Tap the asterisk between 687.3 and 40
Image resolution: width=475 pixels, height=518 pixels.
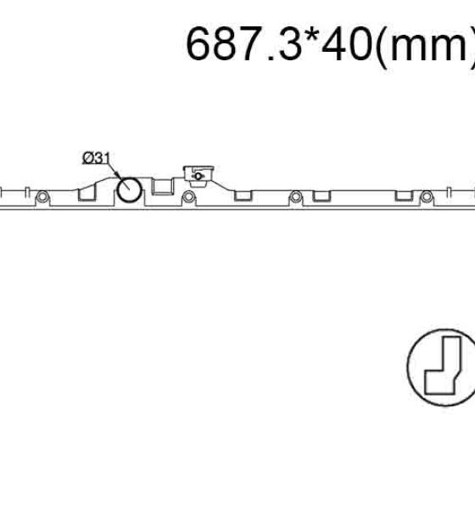(x=311, y=35)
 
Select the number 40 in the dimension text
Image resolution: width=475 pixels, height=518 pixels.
(x=347, y=43)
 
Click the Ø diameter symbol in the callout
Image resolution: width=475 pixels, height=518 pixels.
(x=87, y=158)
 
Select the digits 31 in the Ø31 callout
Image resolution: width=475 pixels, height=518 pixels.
(x=102, y=158)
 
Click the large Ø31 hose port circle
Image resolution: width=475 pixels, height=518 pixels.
(x=129, y=189)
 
